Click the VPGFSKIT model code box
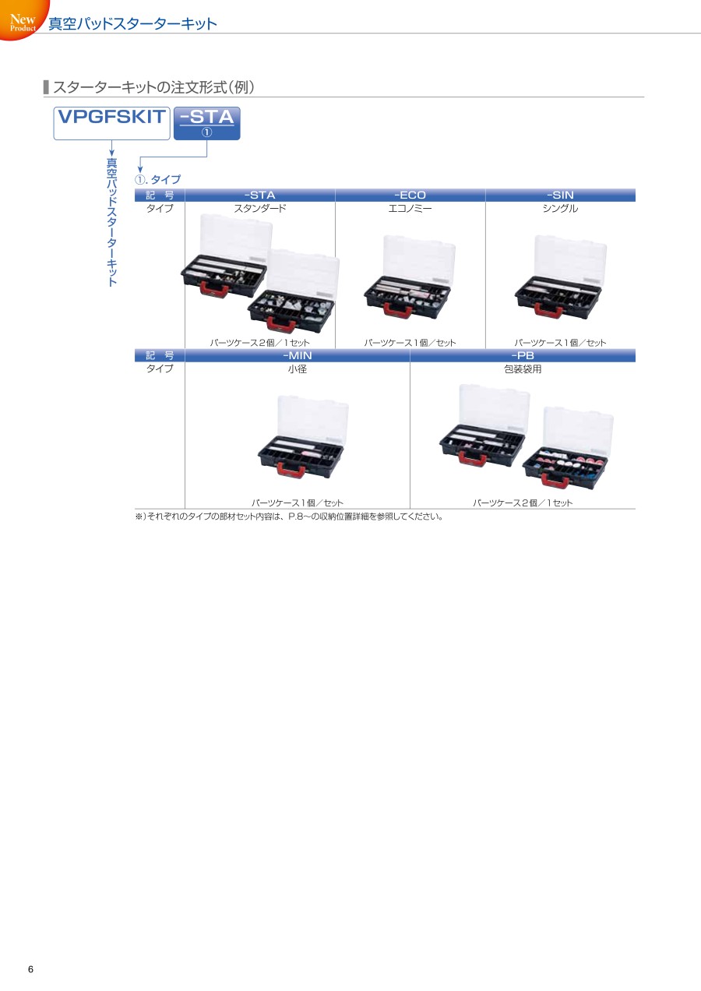pyautogui.click(x=112, y=123)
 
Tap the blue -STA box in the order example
pyautogui.click(x=207, y=123)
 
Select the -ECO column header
pyautogui.click(x=410, y=195)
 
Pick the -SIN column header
pyautogui.click(x=560, y=195)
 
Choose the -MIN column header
pyautogui.click(x=298, y=355)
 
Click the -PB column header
pyautogui.click(x=523, y=355)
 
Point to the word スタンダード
pyautogui.click(x=260, y=208)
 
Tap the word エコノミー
pyautogui.click(x=410, y=208)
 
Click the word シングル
pyautogui.click(x=560, y=208)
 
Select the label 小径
pyautogui.click(x=298, y=369)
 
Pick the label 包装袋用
pyautogui.click(x=523, y=369)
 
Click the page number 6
pyautogui.click(x=30, y=969)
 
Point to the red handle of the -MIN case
pyautogui.click(x=291, y=469)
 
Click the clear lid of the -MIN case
pyautogui.click(x=312, y=419)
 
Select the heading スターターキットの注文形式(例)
pyautogui.click(x=153, y=87)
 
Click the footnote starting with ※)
pyautogui.click(x=289, y=517)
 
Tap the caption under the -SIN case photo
pyautogui.click(x=560, y=343)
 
